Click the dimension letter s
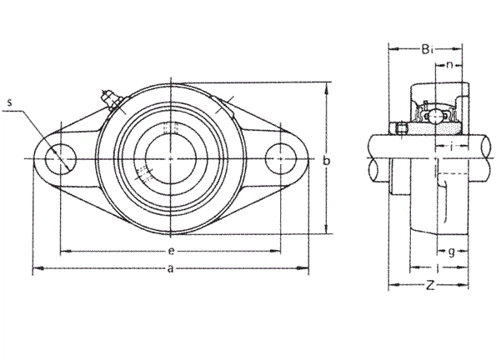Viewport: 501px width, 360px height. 10,102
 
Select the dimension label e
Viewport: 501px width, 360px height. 171,251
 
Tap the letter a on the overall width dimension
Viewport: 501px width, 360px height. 171,268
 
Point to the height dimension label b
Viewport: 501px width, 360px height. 326,161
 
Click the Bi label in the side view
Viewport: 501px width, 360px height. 427,49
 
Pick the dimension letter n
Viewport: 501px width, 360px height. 450,65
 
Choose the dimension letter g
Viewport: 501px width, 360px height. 451,252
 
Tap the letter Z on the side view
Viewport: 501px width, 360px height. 430,284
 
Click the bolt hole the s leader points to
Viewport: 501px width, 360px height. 61,159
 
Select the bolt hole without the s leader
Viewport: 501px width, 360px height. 280,159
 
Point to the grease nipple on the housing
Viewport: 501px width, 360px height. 110,100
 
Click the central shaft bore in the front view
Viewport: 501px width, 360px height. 171,159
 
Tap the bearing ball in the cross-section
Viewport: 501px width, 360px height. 435,117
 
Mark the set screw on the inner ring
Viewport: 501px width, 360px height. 401,128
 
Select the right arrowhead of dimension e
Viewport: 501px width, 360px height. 275,251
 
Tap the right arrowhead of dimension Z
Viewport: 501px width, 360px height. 463,284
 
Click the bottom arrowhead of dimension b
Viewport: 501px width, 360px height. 326,228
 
